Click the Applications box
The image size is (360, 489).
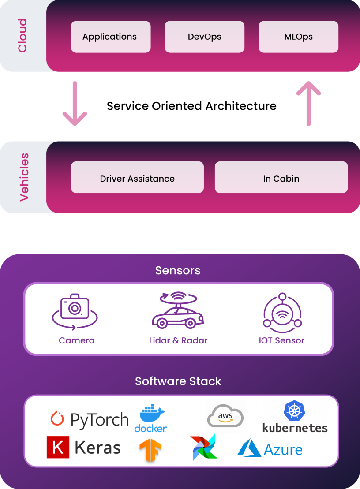pyautogui.click(x=110, y=37)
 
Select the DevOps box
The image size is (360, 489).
pyautogui.click(x=204, y=37)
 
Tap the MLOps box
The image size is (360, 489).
pyautogui.click(x=298, y=37)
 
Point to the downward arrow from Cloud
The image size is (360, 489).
pyautogui.click(x=75, y=104)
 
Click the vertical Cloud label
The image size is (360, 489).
pyautogui.click(x=22, y=36)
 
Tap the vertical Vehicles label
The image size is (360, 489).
pyautogui.click(x=24, y=177)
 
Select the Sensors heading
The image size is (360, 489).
pyautogui.click(x=178, y=270)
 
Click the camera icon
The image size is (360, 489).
pyautogui.click(x=75, y=311)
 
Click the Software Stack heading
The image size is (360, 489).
pyautogui.click(x=178, y=381)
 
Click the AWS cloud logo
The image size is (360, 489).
pyautogui.click(x=225, y=416)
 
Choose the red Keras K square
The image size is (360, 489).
pyautogui.click(x=58, y=448)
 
